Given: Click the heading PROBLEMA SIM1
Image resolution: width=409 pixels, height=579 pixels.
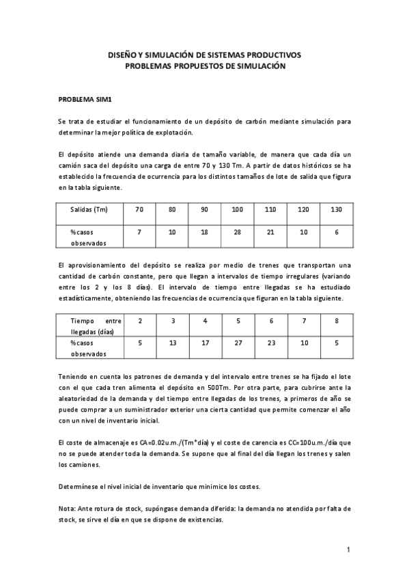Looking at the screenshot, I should pos(85,99).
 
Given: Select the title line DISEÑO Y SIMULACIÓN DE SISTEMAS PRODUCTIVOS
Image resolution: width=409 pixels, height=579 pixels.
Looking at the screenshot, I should pos(205,55).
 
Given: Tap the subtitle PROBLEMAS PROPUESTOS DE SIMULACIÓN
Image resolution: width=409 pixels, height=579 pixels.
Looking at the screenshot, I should pos(205,66).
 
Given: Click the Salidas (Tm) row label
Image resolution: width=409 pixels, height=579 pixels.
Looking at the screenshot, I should pos(89,209).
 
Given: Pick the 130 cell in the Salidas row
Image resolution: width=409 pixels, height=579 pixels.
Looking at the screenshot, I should pos(336,209).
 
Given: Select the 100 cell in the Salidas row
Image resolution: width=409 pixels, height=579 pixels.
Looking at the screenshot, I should pos(238,209).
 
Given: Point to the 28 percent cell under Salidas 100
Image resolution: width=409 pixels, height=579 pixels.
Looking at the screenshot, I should pos(238,232).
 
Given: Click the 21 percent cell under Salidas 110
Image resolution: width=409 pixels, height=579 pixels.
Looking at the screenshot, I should pos(270,232).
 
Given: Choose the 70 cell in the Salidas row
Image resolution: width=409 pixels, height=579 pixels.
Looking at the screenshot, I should pos(139,209).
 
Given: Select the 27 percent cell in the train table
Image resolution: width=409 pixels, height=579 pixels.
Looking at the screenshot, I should pos(238,343).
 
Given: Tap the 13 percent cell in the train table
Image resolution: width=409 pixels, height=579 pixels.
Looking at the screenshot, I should pos(172,343).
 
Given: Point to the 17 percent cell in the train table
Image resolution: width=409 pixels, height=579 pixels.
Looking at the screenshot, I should pos(205,343).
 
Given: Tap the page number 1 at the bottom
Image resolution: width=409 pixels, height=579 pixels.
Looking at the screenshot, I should pos(348,550).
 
